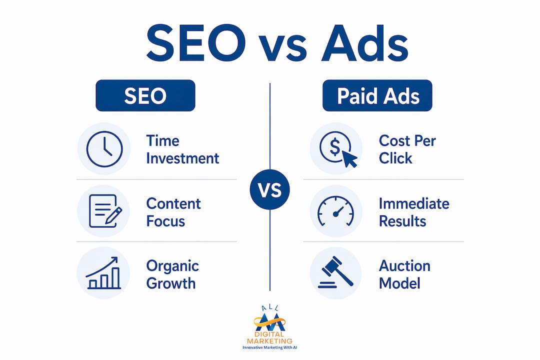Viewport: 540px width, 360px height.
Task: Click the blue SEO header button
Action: click(145, 95)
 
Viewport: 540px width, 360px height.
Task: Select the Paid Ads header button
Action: click(377, 95)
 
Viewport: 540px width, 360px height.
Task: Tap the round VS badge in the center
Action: click(269, 190)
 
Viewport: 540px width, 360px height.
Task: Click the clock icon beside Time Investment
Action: click(104, 149)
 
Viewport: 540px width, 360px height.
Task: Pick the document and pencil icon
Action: click(104, 211)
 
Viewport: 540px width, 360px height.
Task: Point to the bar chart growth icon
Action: click(103, 272)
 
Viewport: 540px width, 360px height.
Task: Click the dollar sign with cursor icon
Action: click(337, 149)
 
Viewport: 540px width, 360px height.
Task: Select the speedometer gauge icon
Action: click(335, 211)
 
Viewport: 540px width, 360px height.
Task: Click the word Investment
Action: click(182, 158)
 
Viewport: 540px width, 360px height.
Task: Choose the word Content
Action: click(173, 203)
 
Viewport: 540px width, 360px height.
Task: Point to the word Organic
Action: click(172, 266)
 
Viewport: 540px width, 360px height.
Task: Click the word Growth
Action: click(171, 283)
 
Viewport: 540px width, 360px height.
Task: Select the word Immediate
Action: click(414, 203)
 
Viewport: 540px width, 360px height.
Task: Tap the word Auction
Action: click(404, 266)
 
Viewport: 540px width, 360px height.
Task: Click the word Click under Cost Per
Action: click(395, 158)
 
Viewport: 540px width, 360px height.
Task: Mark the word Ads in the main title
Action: click(365, 44)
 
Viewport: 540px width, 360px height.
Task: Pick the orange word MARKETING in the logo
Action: click(269, 341)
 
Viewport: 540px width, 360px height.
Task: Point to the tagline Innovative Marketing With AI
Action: click(269, 347)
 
